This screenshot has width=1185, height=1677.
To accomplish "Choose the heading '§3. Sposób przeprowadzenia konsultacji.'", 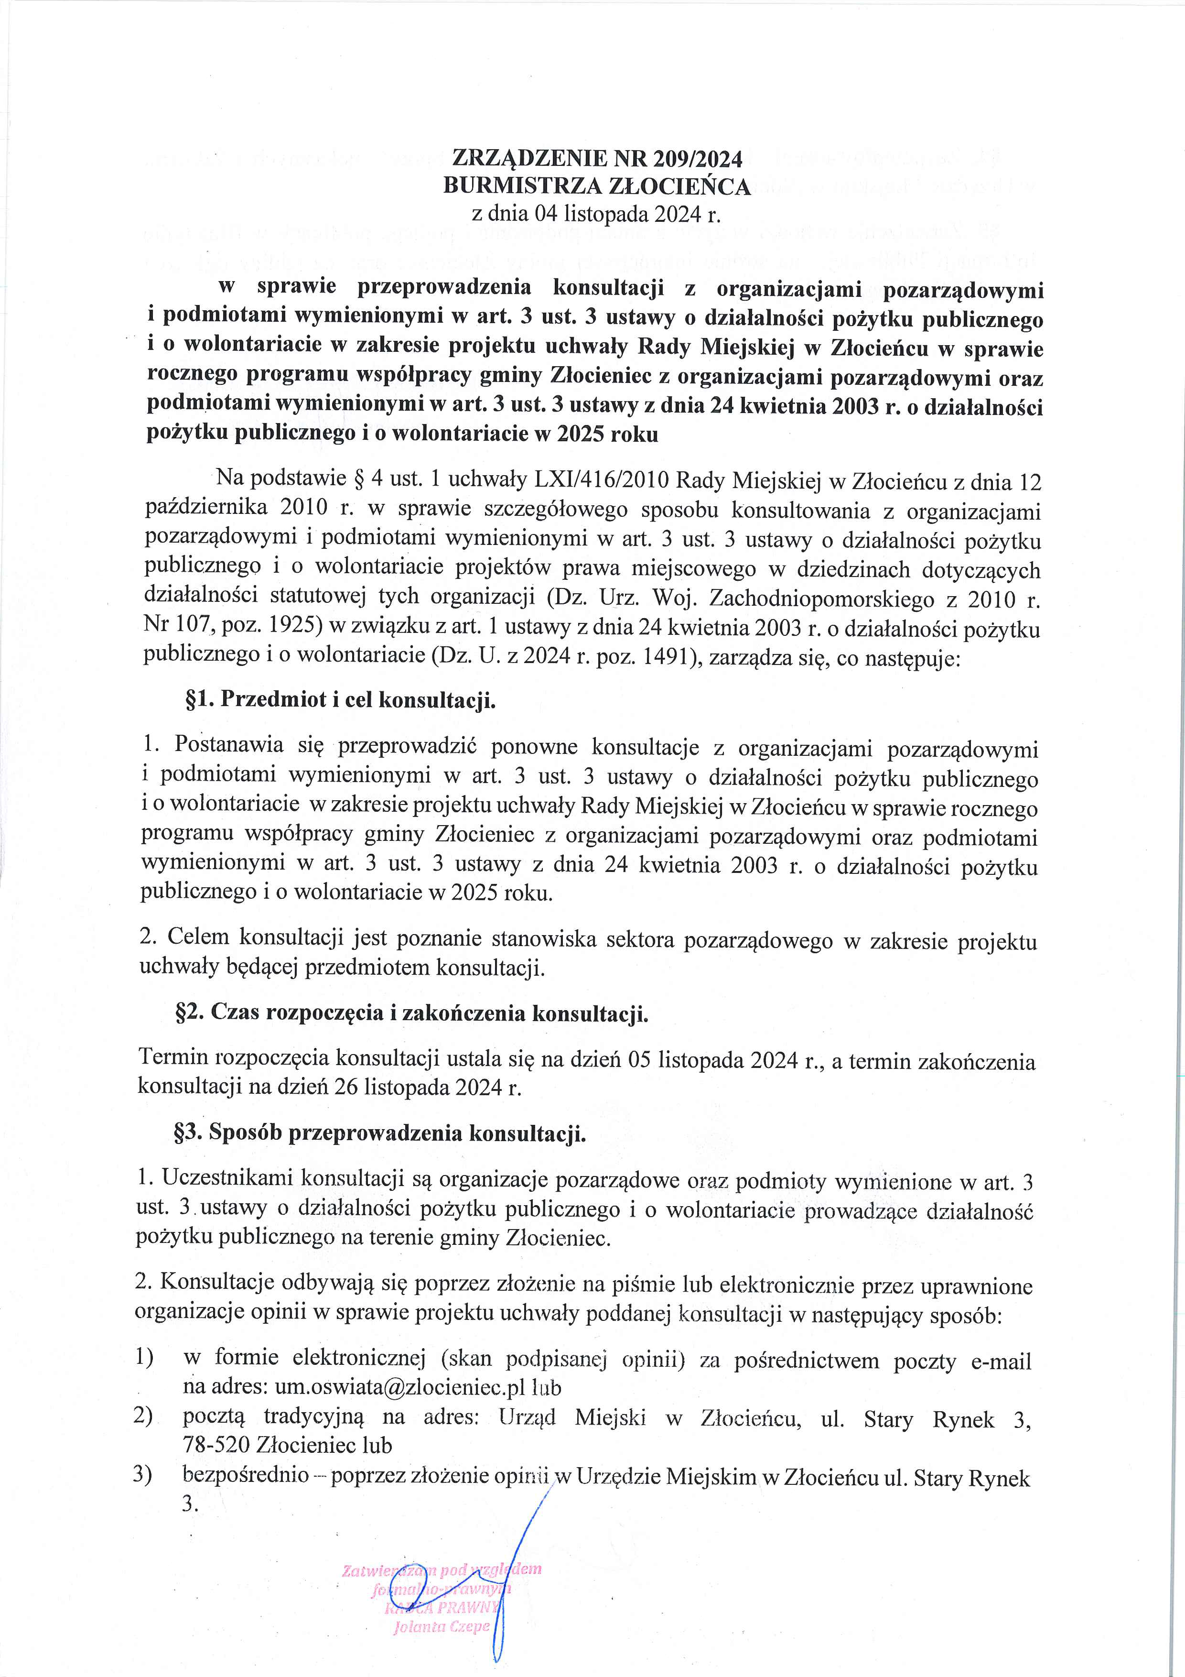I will [380, 1133].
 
